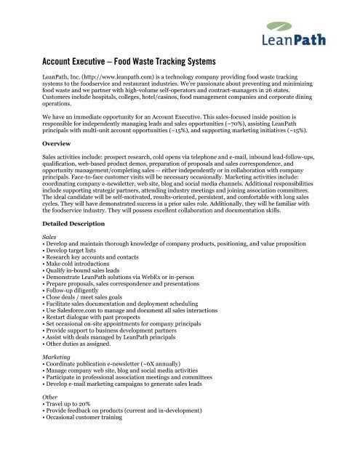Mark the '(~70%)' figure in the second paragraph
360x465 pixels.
point(278,102)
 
